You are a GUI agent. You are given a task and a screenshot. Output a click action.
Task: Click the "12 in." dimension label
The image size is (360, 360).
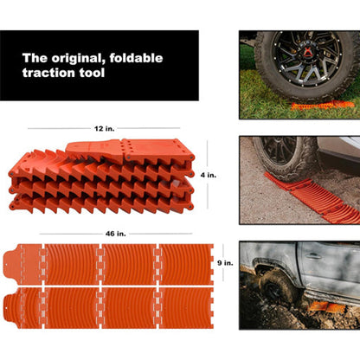coord(106,127)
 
